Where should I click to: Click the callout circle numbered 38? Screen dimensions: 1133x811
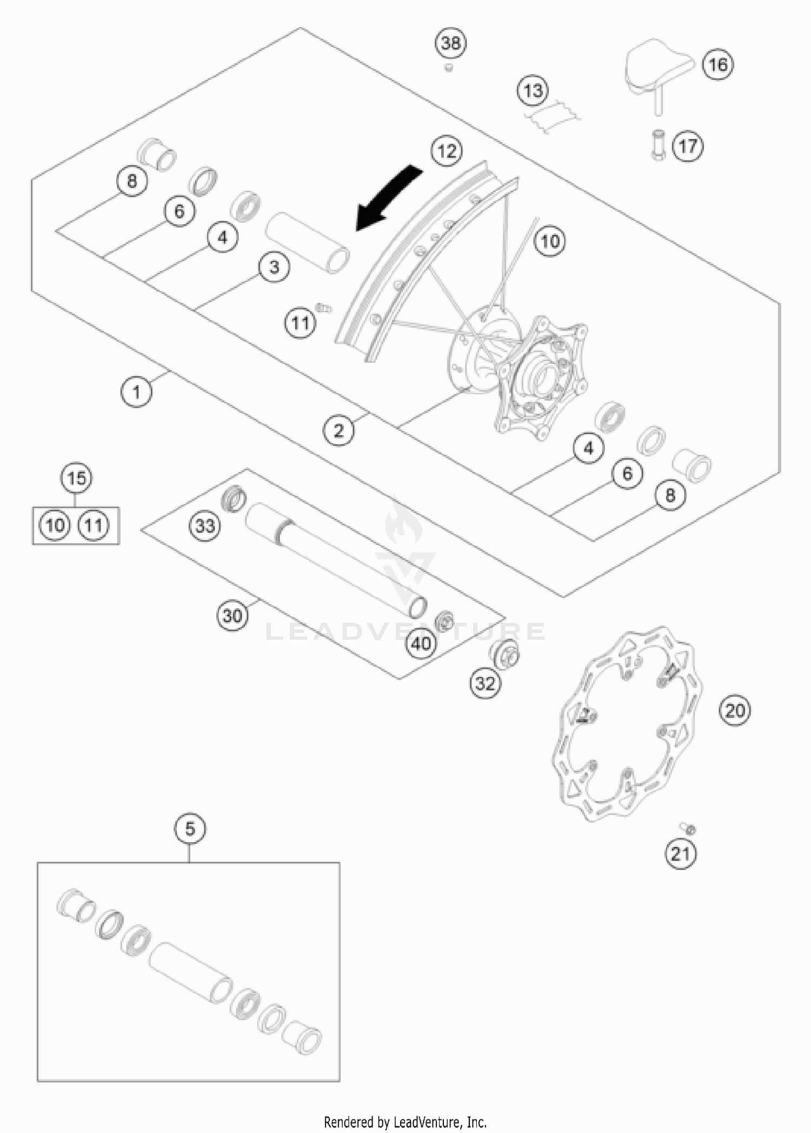coord(451,43)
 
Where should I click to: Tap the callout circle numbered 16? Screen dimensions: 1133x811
coord(718,65)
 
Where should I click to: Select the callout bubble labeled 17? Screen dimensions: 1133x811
coord(688,146)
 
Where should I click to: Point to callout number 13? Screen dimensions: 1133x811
coord(533,90)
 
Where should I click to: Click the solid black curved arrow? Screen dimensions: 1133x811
coord(388,198)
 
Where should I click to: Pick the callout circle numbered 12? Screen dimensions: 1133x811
coord(447,151)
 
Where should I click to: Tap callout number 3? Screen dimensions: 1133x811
coord(274,267)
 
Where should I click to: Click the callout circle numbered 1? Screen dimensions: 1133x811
coord(136,392)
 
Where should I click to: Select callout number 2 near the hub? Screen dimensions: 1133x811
coord(339,431)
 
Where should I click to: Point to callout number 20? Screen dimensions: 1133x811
coord(735,710)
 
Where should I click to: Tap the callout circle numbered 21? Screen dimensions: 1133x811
coord(680,854)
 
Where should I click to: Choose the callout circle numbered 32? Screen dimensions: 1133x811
coord(485,684)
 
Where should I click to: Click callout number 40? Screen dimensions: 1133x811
coord(422,643)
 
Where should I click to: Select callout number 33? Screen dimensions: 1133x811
coord(205,525)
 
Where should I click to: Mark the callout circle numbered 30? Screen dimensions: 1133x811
coord(232,616)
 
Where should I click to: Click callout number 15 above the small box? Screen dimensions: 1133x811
coord(76,478)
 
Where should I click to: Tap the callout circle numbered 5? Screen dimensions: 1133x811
coord(190,829)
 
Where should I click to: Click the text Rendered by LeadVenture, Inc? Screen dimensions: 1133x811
coord(405,1122)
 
